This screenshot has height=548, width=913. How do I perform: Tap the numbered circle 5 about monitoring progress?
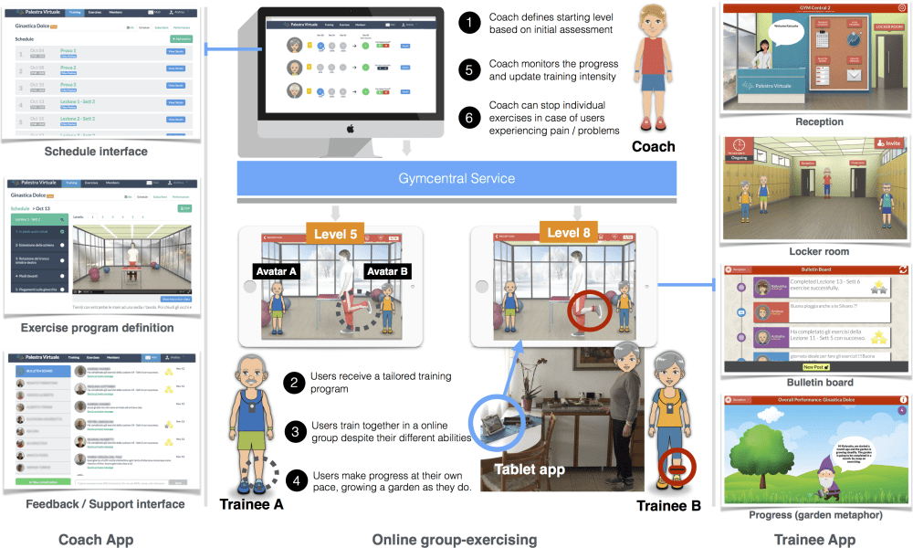[x=469, y=69]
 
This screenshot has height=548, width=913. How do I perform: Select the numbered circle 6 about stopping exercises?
[x=469, y=116]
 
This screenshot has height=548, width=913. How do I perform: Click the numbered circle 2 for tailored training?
[x=294, y=382]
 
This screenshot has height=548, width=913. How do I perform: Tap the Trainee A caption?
[x=252, y=503]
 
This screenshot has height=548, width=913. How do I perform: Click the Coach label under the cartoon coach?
[x=653, y=146]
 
